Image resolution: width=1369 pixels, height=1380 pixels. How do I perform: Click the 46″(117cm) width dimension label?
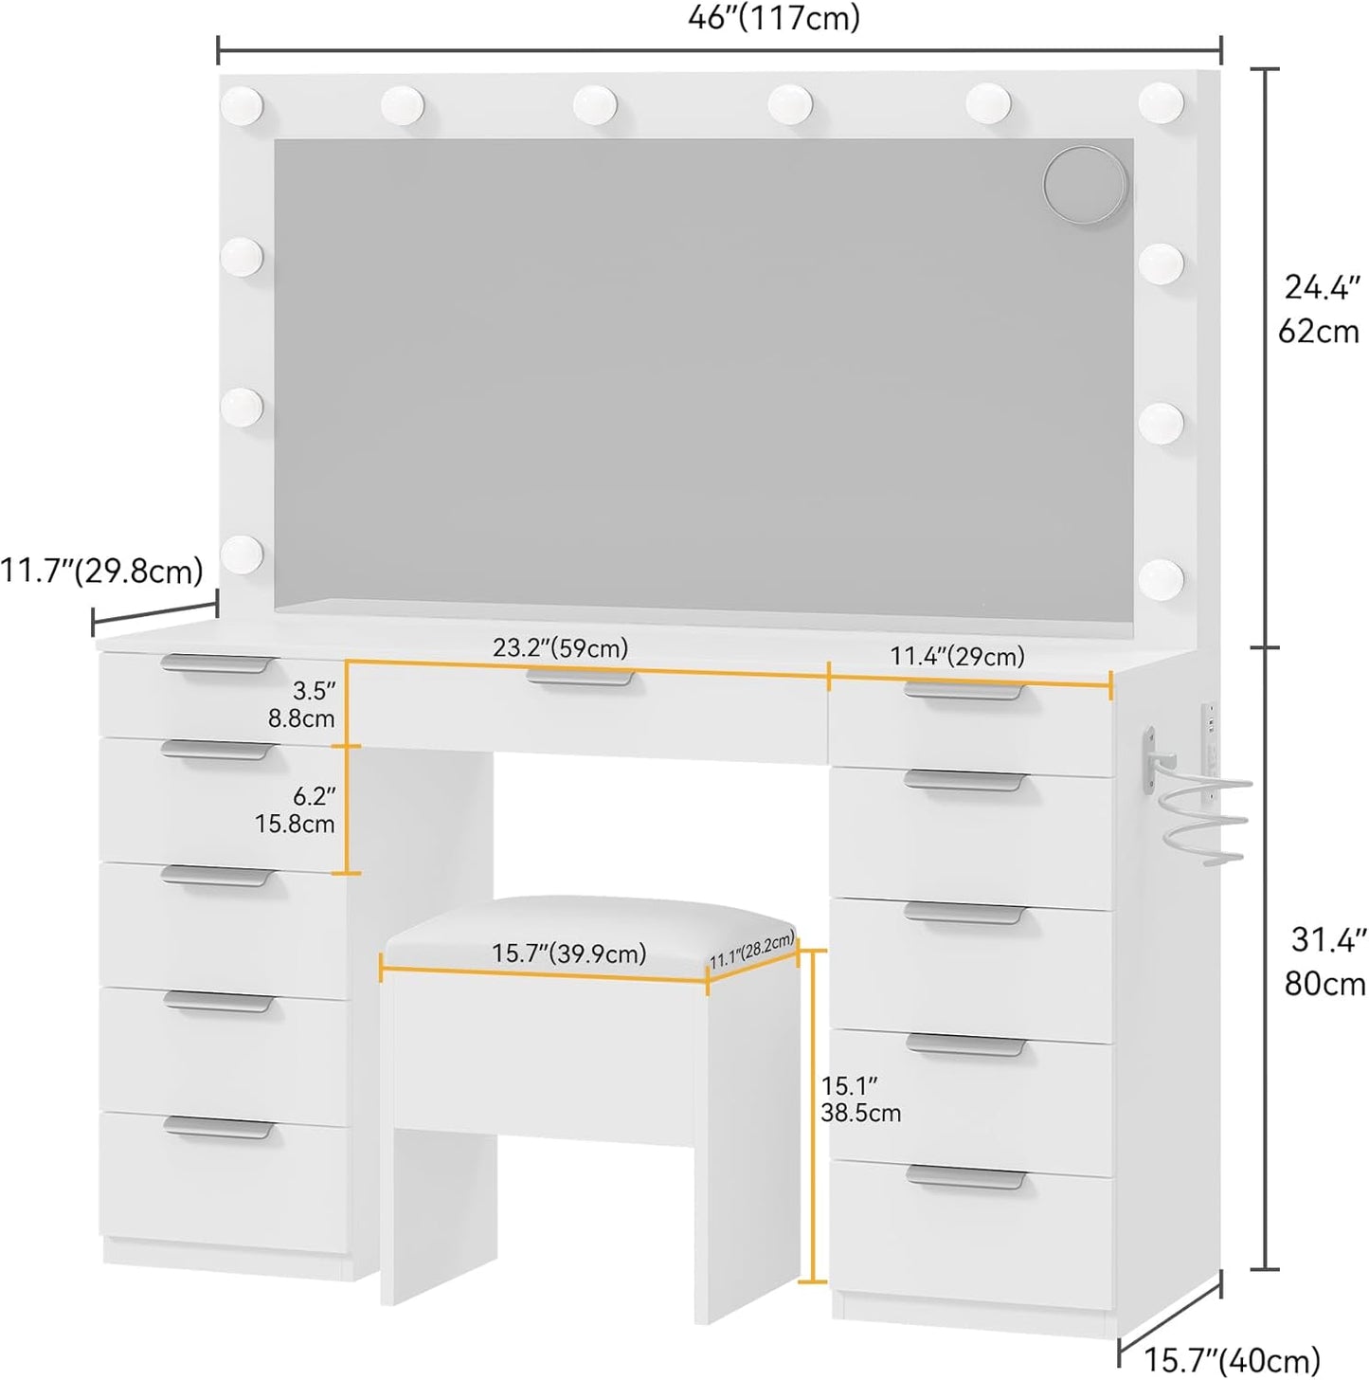(x=774, y=19)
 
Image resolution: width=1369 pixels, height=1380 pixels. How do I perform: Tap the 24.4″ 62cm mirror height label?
(x=1319, y=309)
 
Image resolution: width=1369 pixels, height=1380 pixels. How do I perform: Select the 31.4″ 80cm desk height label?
(x=1324, y=961)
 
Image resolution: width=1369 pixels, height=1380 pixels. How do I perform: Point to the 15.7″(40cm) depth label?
(x=1233, y=1358)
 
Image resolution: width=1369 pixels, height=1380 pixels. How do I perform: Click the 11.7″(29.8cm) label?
(x=101, y=572)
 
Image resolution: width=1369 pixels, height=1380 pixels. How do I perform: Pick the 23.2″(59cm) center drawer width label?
(x=560, y=647)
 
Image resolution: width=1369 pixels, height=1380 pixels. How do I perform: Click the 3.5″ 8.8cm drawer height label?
(x=301, y=704)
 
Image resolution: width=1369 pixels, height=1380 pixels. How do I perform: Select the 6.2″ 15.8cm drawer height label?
(x=295, y=810)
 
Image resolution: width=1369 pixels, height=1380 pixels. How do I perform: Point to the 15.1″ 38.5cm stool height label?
(x=860, y=1099)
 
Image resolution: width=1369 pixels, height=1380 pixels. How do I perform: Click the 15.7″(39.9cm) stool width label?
(x=568, y=953)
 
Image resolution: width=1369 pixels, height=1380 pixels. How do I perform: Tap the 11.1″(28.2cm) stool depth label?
(x=752, y=951)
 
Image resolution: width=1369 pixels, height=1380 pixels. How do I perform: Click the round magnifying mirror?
(x=1086, y=186)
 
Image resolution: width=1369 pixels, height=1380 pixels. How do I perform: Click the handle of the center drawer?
(x=580, y=678)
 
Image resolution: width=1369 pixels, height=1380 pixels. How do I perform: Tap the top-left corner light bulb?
(x=242, y=106)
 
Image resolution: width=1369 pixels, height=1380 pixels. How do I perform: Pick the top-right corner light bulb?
(x=1161, y=103)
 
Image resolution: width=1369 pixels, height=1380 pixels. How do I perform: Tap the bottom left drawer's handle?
(x=219, y=1128)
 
